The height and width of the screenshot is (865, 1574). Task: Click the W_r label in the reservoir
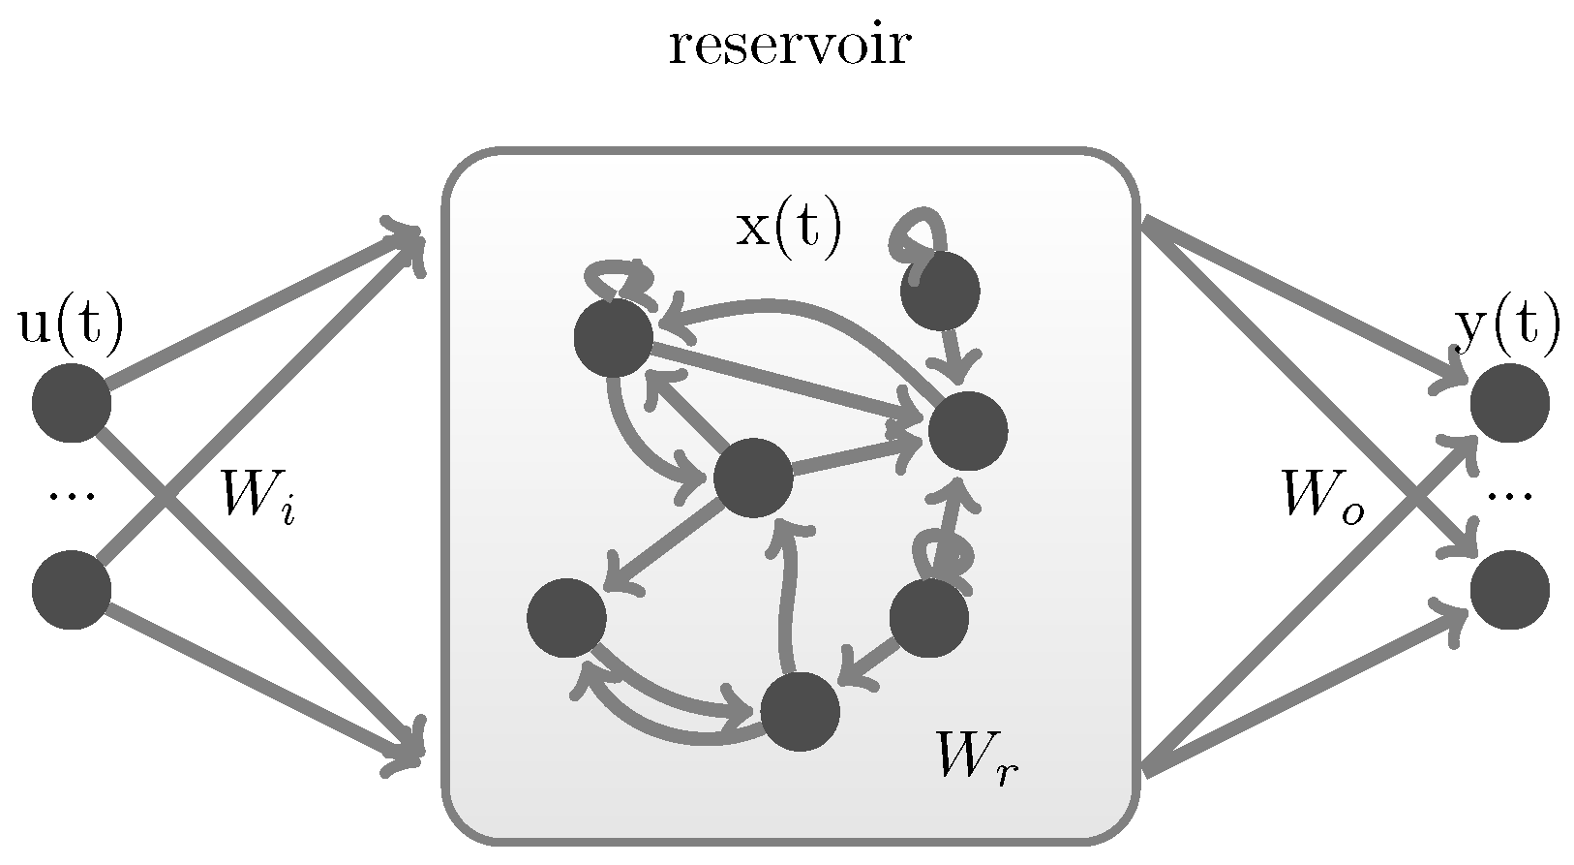(976, 757)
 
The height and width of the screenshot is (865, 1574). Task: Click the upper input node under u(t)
(71, 403)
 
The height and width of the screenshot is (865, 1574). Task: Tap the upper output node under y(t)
(1509, 403)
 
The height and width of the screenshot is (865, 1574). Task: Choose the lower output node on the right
(1509, 590)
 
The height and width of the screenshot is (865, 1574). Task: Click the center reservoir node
(753, 478)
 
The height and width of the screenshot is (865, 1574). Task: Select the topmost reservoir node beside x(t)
(940, 290)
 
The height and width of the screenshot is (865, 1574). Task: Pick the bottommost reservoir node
(800, 712)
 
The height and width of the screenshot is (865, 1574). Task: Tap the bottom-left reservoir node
(566, 618)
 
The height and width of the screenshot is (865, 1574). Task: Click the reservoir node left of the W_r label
(928, 618)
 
